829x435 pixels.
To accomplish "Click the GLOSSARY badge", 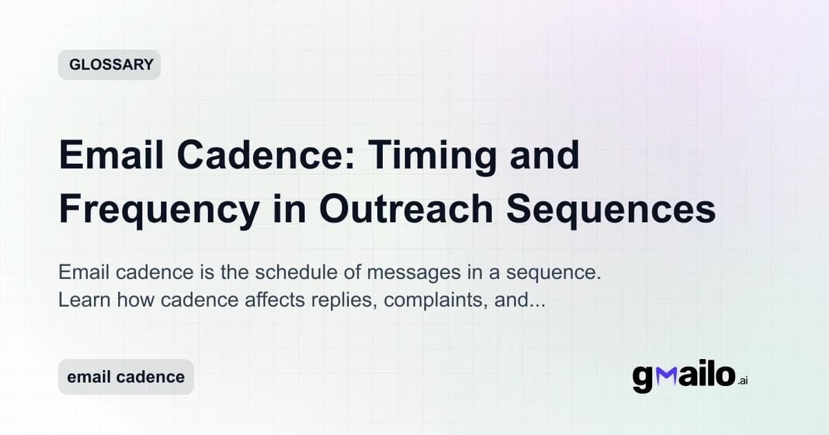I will click(109, 65).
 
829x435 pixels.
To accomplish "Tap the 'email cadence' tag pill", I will click(126, 377).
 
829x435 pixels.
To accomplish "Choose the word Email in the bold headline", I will click(106, 156).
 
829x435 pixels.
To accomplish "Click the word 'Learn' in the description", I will click(79, 301).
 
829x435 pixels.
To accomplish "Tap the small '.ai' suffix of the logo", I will click(742, 380).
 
